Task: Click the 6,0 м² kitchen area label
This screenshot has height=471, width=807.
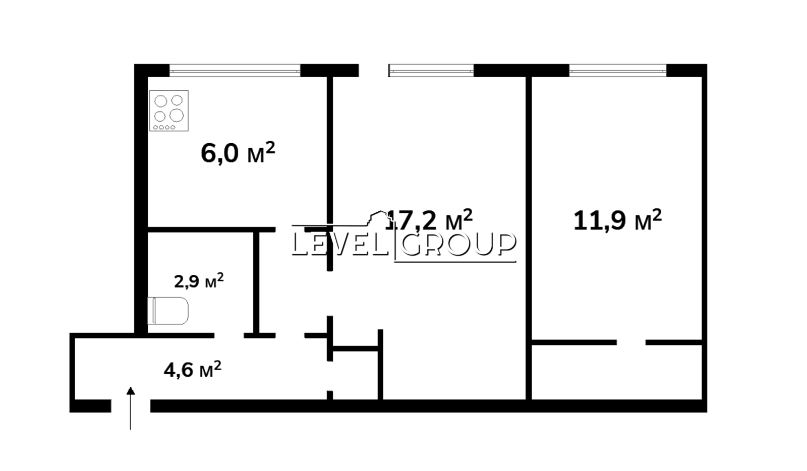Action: coord(238,153)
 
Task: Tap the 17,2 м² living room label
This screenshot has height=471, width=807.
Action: coord(429,219)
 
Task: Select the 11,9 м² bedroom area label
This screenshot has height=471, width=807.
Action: coord(617,220)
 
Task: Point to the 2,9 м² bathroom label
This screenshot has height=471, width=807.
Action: coord(199,280)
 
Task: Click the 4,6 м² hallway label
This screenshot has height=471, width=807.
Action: coord(192,370)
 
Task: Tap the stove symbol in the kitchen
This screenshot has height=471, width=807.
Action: coord(169,110)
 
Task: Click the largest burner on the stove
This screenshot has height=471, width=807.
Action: coord(177,115)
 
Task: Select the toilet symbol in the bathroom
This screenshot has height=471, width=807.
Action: coord(168,311)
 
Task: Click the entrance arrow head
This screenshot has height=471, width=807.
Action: coord(131,391)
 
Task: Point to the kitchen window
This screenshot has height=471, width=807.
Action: coord(235,71)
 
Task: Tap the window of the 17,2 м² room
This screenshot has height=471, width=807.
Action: coord(431,71)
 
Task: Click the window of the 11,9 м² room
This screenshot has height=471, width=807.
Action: coord(618,71)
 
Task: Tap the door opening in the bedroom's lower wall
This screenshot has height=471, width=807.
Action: coord(631,342)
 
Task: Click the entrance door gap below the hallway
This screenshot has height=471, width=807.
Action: coord(131,406)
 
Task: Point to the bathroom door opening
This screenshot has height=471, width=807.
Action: coord(229,336)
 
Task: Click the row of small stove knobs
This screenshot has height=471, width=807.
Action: coord(164,127)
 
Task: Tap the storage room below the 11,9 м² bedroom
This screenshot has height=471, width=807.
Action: coord(617,372)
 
